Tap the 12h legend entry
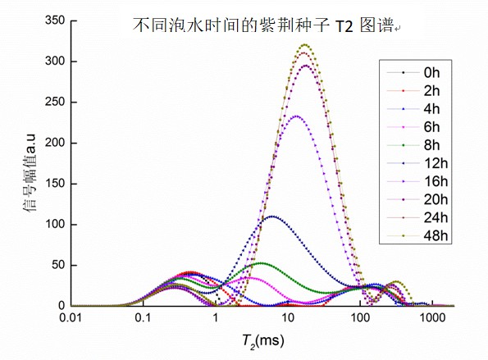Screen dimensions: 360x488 click(427, 163)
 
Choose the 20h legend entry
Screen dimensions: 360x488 click(427, 199)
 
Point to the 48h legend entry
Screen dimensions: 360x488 click(427, 235)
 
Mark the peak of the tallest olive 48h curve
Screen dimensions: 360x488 click(305, 44)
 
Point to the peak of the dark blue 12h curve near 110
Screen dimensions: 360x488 click(271, 216)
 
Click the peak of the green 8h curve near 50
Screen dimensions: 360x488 click(260, 263)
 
